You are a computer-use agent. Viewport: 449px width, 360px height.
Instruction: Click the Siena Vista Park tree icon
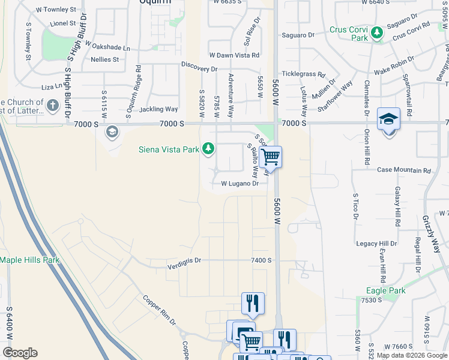[x=208, y=148]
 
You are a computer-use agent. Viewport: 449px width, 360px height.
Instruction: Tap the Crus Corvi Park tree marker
[x=377, y=32]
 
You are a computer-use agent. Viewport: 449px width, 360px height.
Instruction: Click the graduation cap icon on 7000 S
[x=388, y=119]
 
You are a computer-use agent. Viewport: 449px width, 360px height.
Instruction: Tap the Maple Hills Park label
[x=30, y=260]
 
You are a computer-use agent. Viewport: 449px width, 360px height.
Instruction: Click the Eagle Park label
[x=386, y=291]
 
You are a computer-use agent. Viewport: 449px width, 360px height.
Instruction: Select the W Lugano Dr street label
[x=240, y=184]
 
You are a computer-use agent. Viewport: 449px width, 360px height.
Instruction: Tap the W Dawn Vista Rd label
[x=234, y=55]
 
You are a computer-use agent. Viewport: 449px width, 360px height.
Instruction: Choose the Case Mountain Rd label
[x=404, y=170]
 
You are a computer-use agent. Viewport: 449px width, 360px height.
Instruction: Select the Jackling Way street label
[x=158, y=109]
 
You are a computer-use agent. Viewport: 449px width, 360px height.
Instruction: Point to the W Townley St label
[x=56, y=10]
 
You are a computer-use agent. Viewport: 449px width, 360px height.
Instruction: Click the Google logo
[x=20, y=353]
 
